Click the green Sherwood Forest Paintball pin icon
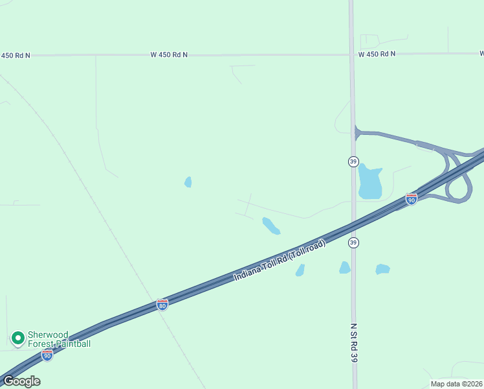pyautogui.click(x=17, y=338)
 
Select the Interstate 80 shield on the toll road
pyautogui.click(x=162, y=304)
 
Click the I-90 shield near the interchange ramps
pyautogui.click(x=412, y=198)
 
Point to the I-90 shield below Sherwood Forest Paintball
pyautogui.click(x=47, y=355)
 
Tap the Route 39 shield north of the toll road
pyautogui.click(x=353, y=161)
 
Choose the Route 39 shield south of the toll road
pyautogui.click(x=353, y=242)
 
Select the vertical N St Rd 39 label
pyautogui.click(x=354, y=344)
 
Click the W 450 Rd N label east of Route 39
pyautogui.click(x=377, y=54)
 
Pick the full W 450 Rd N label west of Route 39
pyautogui.click(x=169, y=55)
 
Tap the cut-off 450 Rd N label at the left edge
pyautogui.click(x=15, y=56)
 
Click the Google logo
pyautogui.click(x=21, y=381)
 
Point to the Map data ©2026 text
pyautogui.click(x=456, y=384)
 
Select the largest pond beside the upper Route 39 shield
pyautogui.click(x=370, y=182)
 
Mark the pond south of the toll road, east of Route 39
pyautogui.click(x=382, y=268)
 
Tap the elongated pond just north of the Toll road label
pyautogui.click(x=270, y=226)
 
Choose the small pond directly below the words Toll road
pyautogui.click(x=300, y=270)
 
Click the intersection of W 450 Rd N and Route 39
pyautogui.click(x=352, y=54)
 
